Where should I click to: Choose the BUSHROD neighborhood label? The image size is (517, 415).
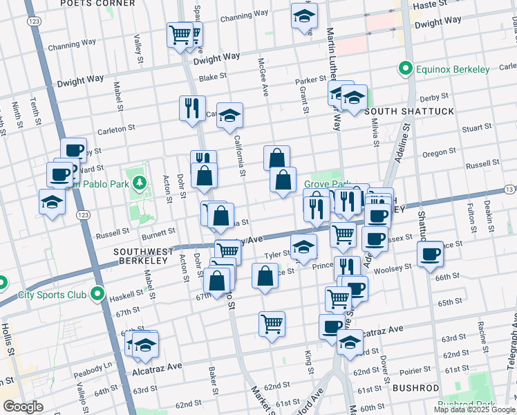(415, 388)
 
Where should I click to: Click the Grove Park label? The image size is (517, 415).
(323, 185)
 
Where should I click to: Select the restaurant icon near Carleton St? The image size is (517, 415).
(191, 108)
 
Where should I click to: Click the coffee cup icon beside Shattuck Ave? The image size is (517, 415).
(429, 253)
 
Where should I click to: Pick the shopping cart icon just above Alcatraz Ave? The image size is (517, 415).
(272, 323)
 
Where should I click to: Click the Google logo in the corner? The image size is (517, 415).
(23, 407)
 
